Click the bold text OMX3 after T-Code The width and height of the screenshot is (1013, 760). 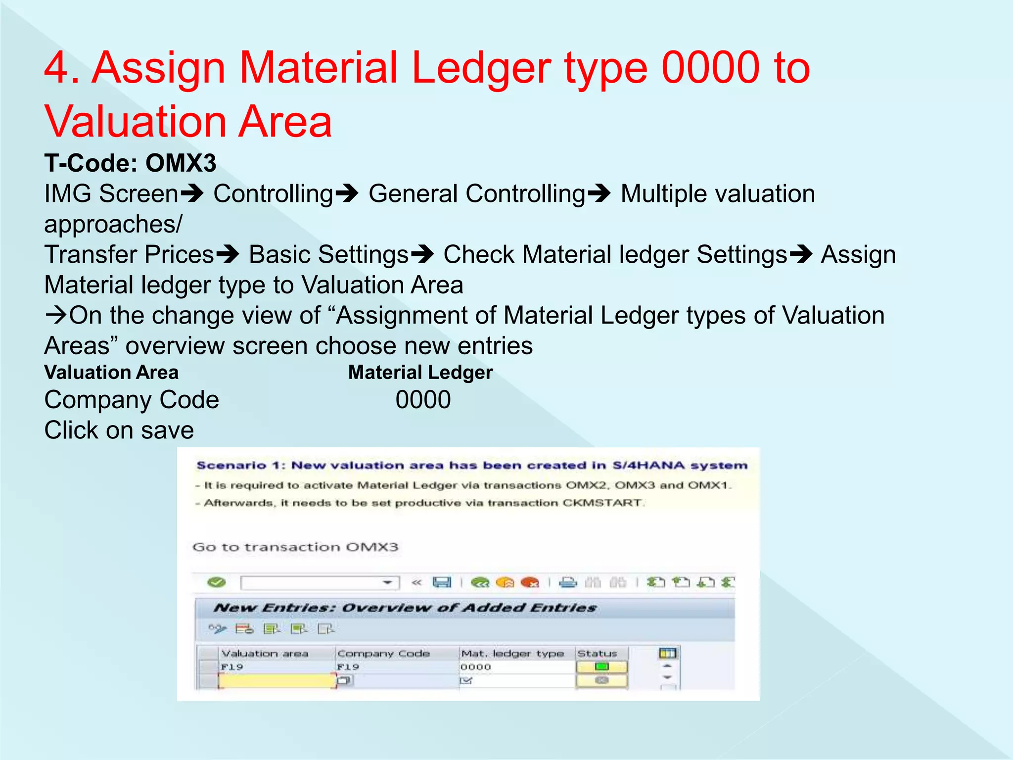pos(181,163)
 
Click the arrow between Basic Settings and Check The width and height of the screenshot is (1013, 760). pos(422,255)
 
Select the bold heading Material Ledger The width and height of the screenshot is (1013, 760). pos(420,372)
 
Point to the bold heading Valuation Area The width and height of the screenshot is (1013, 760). pos(111,372)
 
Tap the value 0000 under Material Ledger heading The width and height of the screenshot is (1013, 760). pos(423,400)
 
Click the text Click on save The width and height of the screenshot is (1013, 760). pos(119,430)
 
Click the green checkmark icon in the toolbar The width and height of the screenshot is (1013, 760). pos(217,582)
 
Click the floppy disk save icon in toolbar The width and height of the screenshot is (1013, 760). pos(442,582)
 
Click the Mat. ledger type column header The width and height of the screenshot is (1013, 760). pos(512,654)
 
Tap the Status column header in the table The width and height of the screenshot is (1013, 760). pos(597,654)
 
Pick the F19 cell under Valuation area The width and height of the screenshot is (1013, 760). pos(232,667)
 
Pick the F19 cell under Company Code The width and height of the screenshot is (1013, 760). pos(348,667)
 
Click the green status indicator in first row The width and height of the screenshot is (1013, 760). pos(601,667)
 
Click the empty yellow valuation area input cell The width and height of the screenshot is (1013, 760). pos(277,681)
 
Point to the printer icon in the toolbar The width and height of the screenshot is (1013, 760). pos(568,582)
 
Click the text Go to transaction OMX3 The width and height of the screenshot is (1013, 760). pos(295,547)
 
